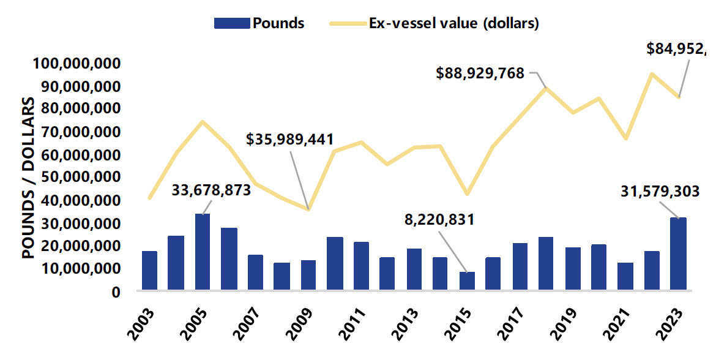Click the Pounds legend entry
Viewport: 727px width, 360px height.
[x=259, y=23]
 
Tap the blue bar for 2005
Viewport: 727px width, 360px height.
[x=203, y=252]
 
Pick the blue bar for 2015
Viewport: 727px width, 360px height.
[x=467, y=280]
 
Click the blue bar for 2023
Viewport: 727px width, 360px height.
[x=678, y=253]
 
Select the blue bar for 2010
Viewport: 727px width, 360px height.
[x=335, y=263]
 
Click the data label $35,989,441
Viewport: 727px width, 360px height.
[x=290, y=139]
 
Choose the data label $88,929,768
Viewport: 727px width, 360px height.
[x=480, y=73]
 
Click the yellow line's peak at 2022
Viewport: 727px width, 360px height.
[x=652, y=73]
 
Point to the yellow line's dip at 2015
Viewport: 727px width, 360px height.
[x=467, y=194]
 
